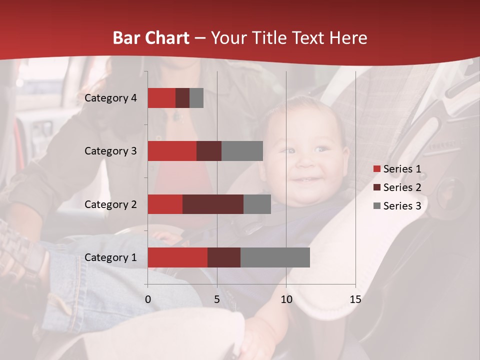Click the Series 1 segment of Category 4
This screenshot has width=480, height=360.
click(x=161, y=98)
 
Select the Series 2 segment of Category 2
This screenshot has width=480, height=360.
click(x=213, y=204)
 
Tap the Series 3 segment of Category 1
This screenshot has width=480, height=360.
click(x=275, y=257)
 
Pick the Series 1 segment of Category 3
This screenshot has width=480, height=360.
click(x=172, y=151)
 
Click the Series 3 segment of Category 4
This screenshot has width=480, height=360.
click(x=196, y=98)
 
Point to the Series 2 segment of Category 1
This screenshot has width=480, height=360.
click(x=224, y=257)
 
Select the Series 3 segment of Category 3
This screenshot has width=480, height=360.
click(x=242, y=151)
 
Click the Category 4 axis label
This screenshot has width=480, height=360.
click(x=110, y=98)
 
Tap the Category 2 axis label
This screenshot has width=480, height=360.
click(x=110, y=204)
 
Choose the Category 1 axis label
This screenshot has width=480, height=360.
click(x=110, y=257)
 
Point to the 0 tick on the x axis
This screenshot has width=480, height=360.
click(x=148, y=299)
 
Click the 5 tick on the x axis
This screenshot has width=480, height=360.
click(x=217, y=299)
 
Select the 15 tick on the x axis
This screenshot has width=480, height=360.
click(x=355, y=299)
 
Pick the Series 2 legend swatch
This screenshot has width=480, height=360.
click(x=376, y=187)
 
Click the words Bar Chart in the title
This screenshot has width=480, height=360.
click(x=151, y=38)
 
